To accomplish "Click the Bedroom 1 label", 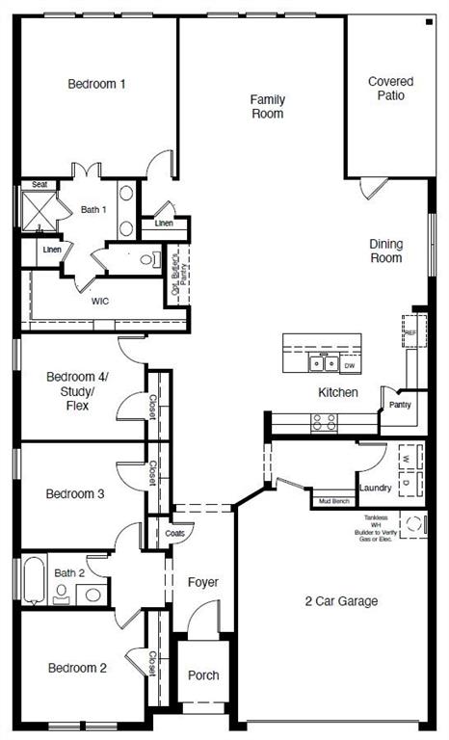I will pos(96,84).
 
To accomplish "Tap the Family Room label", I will pos(267,106).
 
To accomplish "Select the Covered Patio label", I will pos(391,89).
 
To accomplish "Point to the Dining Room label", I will pos(386,251).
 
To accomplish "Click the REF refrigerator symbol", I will pos(411,331).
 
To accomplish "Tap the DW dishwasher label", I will pos(350,365).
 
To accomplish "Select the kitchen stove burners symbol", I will pos(325,420).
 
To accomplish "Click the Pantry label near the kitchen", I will pos(400,405).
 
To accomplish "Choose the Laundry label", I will pos(375,488).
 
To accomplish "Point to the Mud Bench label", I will pos(333,501).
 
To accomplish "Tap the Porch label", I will pos(202,675).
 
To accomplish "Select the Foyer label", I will pos(202,582).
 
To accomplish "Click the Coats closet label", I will pos(174,533).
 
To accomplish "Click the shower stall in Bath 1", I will pos(40,208).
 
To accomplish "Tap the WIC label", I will pos(100,301).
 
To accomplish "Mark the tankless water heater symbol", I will pos(414,525).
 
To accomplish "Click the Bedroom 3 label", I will pos(75,494).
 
